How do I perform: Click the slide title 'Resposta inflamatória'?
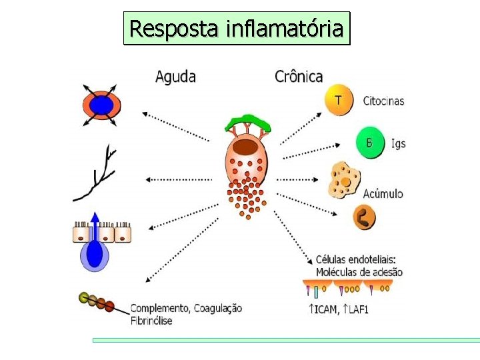(237, 29)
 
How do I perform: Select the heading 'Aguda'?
(175, 77)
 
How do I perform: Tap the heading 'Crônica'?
(299, 77)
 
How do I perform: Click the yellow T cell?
(338, 101)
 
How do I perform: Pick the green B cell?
(369, 143)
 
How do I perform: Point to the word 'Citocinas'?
(383, 101)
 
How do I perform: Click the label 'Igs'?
(398, 143)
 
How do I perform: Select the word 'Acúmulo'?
(383, 194)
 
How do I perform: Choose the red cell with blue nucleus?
(101, 105)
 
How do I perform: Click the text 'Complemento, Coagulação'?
(185, 309)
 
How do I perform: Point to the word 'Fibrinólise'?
(151, 321)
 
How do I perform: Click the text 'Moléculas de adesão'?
(359, 272)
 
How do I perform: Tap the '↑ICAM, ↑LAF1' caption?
(339, 309)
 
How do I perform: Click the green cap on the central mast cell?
(247, 123)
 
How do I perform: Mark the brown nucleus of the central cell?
(247, 147)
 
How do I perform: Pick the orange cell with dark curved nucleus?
(365, 217)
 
